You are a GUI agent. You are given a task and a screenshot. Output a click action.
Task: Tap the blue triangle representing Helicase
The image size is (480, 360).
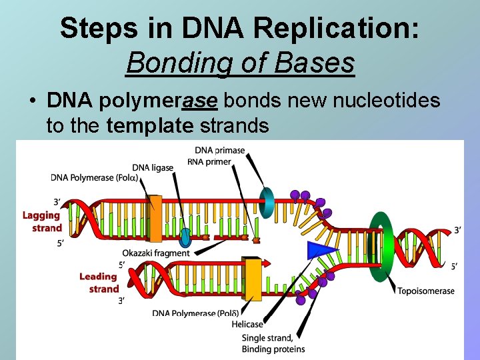click(318, 250)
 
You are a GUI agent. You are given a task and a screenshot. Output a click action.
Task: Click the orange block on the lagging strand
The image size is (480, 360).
click(155, 218)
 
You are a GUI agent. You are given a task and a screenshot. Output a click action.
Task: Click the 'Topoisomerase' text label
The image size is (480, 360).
click(426, 291)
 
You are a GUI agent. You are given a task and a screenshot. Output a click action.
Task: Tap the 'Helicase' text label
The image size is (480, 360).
click(247, 325)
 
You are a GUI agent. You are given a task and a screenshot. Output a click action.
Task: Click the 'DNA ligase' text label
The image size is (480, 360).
click(153, 167)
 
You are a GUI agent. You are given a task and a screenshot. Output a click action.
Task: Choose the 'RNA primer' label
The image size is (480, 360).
click(209, 161)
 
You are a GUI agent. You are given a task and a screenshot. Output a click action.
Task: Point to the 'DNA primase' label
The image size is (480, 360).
click(220, 151)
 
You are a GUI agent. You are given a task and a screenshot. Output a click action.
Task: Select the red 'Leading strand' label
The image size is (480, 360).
click(99, 283)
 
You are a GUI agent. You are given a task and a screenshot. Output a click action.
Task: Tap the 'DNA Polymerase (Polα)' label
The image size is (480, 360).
click(95, 178)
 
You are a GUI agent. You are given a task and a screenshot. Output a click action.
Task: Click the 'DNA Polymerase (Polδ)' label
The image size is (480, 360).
click(194, 313)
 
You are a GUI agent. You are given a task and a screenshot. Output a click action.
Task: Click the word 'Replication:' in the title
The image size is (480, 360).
click(347, 28)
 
